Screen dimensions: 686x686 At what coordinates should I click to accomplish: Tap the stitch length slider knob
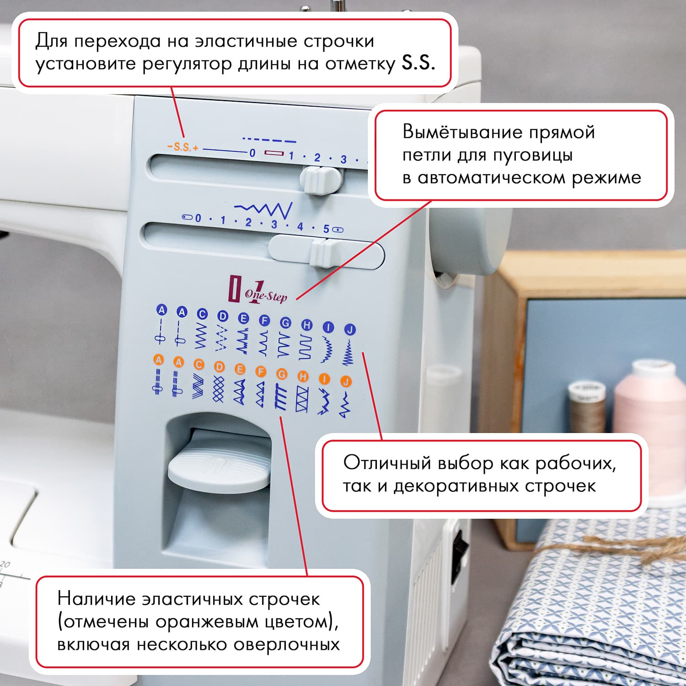[322, 180]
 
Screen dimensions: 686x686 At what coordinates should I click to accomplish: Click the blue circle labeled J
[349, 329]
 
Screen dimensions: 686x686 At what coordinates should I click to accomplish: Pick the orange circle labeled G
[282, 374]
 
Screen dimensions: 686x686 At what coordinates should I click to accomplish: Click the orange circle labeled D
[220, 367]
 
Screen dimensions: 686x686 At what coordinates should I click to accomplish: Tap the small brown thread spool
[586, 407]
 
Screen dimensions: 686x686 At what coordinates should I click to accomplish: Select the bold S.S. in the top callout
[418, 63]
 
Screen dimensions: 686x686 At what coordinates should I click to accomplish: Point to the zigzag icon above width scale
[264, 209]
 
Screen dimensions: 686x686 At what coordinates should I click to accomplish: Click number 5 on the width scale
[326, 229]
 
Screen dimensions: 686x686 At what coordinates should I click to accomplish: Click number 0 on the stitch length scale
[252, 153]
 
